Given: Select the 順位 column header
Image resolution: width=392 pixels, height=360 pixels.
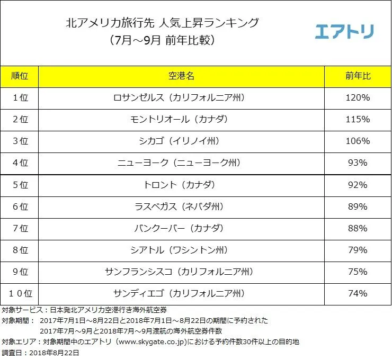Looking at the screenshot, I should point(20,76).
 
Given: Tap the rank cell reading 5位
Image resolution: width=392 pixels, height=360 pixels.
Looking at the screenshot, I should point(20,185).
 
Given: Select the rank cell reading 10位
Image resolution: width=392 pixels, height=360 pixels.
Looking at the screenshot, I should point(20,293).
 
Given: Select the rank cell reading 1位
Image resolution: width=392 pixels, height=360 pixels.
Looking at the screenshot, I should point(20,98).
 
